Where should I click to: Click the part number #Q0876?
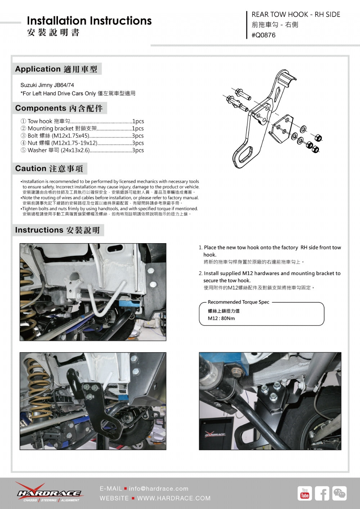pyautogui.click(x=264, y=35)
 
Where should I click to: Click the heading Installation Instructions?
pyautogui.click(x=89, y=21)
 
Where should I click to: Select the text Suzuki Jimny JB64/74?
pyautogui.click(x=47, y=85)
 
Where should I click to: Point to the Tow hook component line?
pyautogui.click(x=82, y=121)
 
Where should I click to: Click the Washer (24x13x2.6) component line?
pyautogui.click(x=82, y=150)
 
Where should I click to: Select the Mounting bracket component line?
pyautogui.click(x=82, y=128)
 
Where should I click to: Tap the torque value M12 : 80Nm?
pyautogui.click(x=221, y=318)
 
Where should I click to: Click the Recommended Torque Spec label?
pyautogui.click(x=238, y=302)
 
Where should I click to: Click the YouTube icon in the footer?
pyautogui.click(x=305, y=493)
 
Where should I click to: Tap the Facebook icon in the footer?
pyautogui.click(x=322, y=493)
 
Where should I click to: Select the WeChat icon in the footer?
pyautogui.click(x=339, y=493)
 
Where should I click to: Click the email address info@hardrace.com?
pyautogui.click(x=158, y=488)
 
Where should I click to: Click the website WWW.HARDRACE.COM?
pyautogui.click(x=174, y=498)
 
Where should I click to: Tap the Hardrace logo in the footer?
pyautogui.click(x=49, y=492)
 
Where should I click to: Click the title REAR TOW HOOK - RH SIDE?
pyautogui.click(x=296, y=15)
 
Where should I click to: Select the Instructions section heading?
pyautogui.click(x=58, y=230)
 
